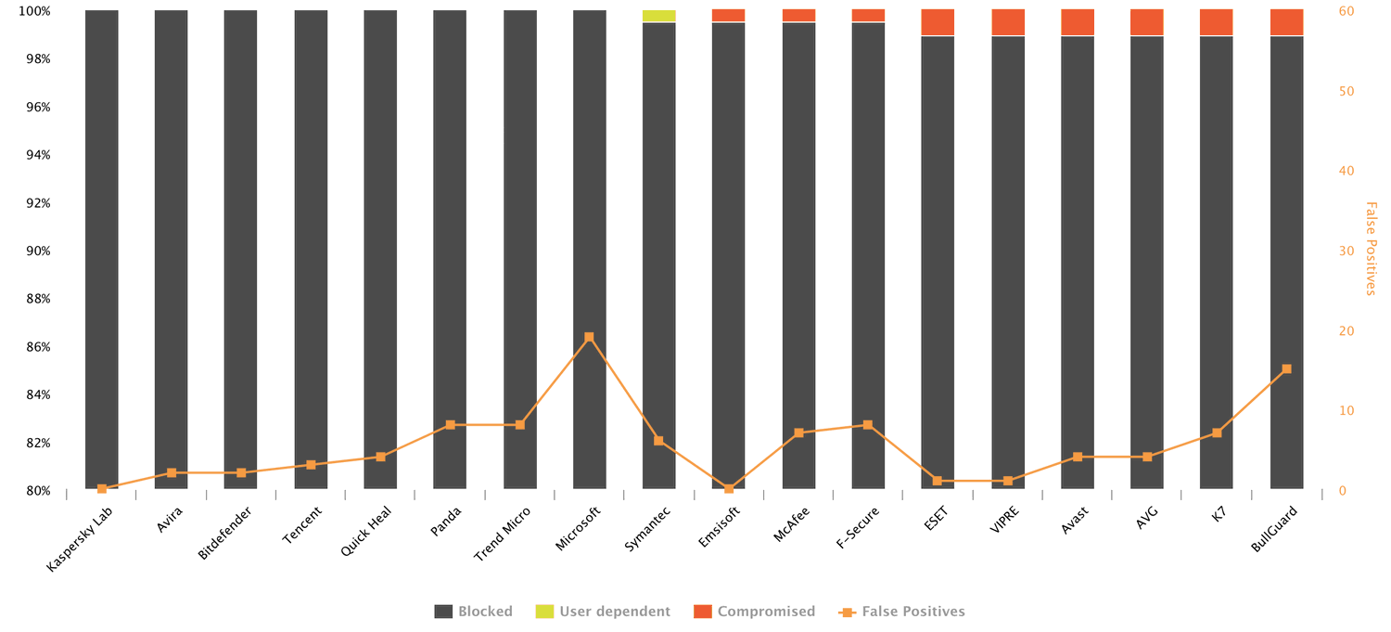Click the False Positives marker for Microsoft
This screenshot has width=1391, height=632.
tap(589, 338)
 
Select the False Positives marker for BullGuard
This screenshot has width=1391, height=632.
tap(1286, 369)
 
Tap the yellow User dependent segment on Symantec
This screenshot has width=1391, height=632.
tap(658, 16)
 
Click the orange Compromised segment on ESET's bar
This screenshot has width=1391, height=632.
tap(938, 22)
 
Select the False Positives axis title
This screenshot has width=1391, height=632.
tap(1371, 249)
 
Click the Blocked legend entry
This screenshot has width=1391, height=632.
tap(474, 612)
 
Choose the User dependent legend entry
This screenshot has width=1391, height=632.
tap(603, 612)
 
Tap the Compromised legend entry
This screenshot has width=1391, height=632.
tap(755, 612)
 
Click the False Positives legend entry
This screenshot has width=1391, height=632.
tap(902, 612)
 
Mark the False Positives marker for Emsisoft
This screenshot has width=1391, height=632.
tap(729, 488)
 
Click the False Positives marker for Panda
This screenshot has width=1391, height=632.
tap(450, 425)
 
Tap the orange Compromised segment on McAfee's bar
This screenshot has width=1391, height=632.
tap(798, 16)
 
